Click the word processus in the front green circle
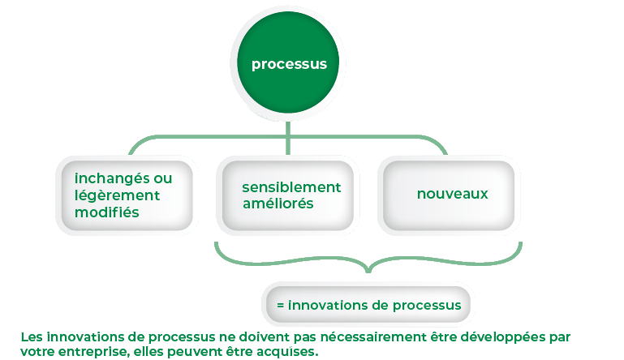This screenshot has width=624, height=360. click(x=290, y=64)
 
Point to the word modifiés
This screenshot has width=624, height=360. click(x=106, y=212)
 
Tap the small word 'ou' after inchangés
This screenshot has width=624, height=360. click(x=162, y=178)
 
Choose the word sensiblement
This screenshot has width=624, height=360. click(x=291, y=187)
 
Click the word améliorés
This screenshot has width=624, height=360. click(x=278, y=204)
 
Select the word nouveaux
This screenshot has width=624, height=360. click(x=452, y=194)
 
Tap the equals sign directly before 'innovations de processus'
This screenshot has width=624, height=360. click(x=281, y=306)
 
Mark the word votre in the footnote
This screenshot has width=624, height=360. click(x=37, y=351)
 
